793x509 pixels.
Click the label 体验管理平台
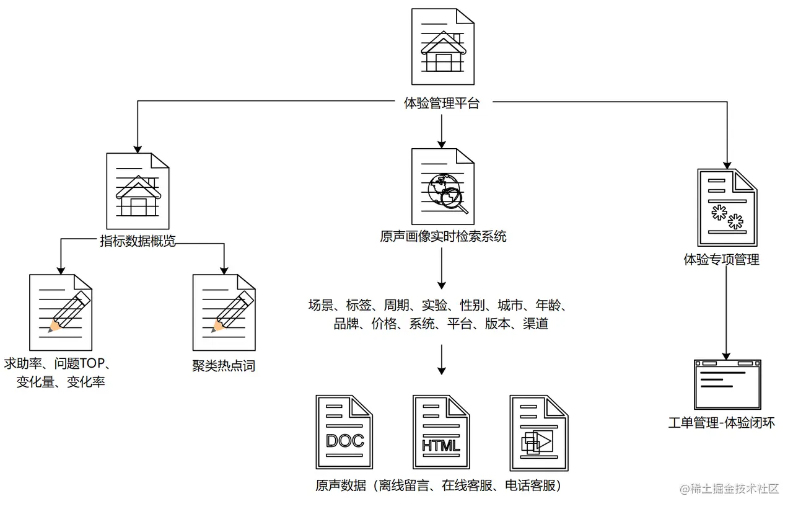click(441, 104)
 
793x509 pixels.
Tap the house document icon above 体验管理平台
click(443, 46)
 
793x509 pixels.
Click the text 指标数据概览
click(138, 241)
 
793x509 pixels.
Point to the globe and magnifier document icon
click(443, 187)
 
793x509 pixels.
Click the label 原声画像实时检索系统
click(443, 236)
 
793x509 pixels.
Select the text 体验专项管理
click(721, 260)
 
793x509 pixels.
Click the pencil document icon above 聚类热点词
click(224, 314)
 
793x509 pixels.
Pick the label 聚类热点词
click(224, 366)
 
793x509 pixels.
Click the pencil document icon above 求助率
click(61, 314)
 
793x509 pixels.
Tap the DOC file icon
click(344, 432)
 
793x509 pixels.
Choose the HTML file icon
click(441, 432)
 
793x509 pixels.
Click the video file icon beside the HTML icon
click(538, 432)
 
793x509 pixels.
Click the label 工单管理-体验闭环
click(721, 423)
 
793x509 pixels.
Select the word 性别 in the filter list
click(472, 305)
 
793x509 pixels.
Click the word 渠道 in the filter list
click(535, 324)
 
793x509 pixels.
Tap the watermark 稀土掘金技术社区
click(729, 489)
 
